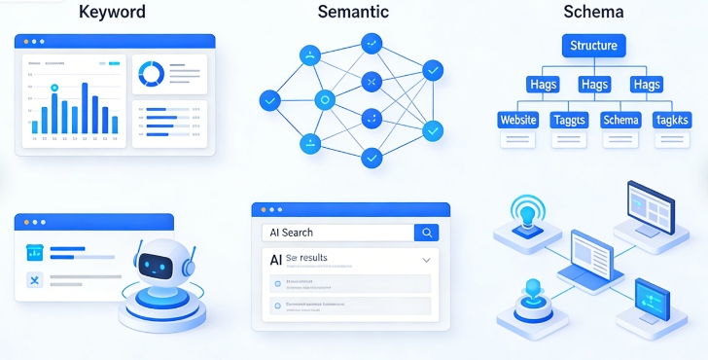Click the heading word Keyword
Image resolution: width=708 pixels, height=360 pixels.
112,13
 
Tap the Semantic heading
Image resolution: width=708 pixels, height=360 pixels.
353,13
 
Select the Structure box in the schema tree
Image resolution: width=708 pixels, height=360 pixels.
593,45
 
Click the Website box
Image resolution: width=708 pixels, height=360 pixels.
518,120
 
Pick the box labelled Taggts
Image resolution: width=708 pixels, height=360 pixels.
570,120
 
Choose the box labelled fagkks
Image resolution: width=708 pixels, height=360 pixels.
672,120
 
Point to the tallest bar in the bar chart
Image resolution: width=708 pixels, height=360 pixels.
85,107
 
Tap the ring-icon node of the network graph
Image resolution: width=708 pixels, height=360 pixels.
326,98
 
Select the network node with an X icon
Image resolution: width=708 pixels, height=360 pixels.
371,82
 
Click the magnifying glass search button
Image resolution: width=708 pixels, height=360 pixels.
426,233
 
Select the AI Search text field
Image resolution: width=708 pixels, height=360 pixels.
336,233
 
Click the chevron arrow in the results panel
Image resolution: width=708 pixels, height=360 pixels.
426,261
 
